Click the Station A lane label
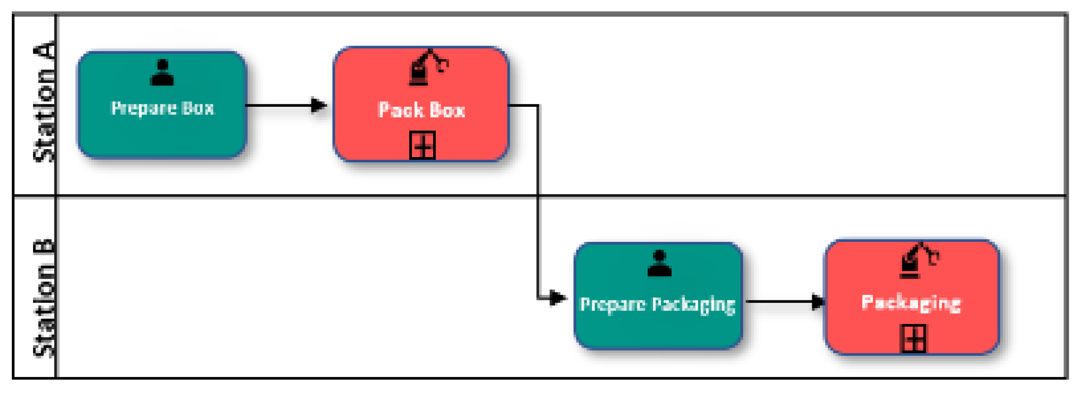click(x=44, y=102)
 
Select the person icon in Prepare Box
click(x=162, y=72)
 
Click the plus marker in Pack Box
click(x=422, y=146)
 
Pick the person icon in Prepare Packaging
click(x=659, y=263)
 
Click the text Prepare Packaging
click(x=657, y=305)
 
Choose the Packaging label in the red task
click(x=911, y=303)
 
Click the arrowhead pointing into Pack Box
click(x=319, y=105)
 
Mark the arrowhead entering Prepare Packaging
click(x=557, y=298)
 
